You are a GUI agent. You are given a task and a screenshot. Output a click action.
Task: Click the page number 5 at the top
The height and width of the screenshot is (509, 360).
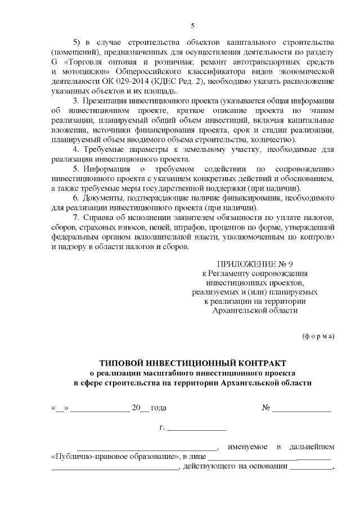(x=192, y=25)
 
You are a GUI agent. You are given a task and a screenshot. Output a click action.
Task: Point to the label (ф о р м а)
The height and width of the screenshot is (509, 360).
(x=318, y=336)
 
